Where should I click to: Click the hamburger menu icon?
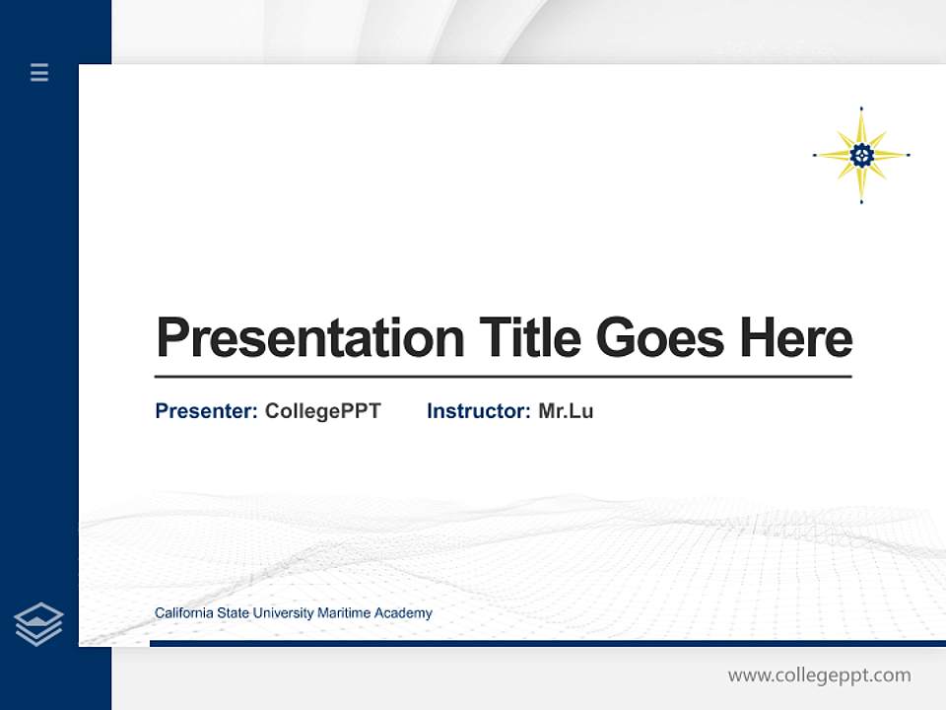(x=39, y=72)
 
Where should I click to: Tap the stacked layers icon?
(x=38, y=624)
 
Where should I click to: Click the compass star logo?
(x=861, y=155)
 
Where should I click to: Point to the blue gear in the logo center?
(x=861, y=154)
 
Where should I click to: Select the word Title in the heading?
(x=530, y=338)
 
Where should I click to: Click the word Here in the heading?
(x=796, y=338)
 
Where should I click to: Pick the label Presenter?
(x=206, y=411)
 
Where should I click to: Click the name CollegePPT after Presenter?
(x=322, y=411)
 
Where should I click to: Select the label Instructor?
(x=478, y=411)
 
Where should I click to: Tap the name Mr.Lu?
(x=566, y=411)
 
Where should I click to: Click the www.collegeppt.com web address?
(x=819, y=675)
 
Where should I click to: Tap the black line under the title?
(x=503, y=377)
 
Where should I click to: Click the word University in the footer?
(x=283, y=613)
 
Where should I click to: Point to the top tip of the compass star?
(x=861, y=108)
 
